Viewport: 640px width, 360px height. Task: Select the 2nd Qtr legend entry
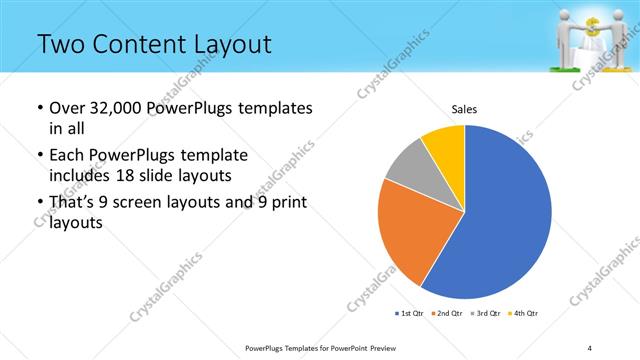click(447, 313)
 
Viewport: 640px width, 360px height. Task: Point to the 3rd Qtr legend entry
click(485, 313)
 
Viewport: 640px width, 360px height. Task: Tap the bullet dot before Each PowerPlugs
click(38, 156)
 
